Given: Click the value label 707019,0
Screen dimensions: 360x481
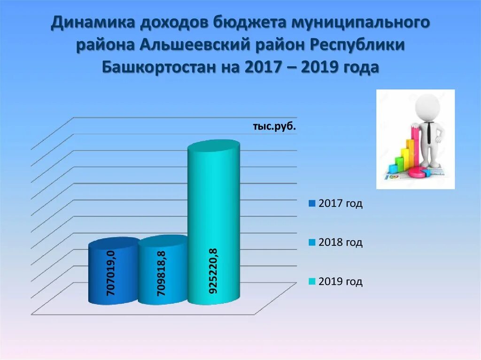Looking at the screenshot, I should [111, 274].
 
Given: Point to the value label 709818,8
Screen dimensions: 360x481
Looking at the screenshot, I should [161, 274].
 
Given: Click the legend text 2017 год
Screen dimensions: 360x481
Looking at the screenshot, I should [341, 204].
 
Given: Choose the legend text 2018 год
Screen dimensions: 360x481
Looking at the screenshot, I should [341, 243].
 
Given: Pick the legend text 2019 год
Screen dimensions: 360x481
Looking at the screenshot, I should [341, 282].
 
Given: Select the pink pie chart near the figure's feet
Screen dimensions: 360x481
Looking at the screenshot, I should [419, 173].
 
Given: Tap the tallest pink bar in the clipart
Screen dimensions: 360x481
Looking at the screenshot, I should [416, 146].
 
